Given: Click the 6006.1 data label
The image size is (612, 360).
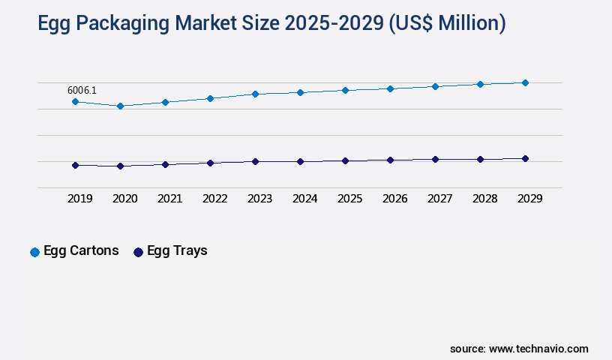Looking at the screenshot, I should [x=82, y=90].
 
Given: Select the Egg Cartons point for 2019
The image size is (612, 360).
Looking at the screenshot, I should [x=75, y=101].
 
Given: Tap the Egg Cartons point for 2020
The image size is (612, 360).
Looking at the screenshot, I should [x=120, y=106].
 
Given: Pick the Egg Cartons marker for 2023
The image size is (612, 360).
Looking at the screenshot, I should [x=255, y=94].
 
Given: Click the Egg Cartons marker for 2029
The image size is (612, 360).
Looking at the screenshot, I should [x=525, y=82].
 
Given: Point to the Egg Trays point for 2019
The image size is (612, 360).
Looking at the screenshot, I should [x=75, y=165].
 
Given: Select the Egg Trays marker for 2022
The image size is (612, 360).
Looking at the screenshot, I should [x=210, y=163].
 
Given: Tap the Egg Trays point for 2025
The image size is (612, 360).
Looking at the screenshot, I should [x=345, y=160].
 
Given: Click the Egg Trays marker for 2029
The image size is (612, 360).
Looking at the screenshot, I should [x=525, y=158].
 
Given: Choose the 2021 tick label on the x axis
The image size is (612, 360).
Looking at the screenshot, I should [x=169, y=199].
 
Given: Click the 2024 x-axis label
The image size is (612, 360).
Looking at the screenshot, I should [x=304, y=199].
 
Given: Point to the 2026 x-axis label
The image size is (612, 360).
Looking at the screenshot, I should [x=394, y=199].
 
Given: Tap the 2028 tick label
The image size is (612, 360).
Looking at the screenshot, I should [x=484, y=199].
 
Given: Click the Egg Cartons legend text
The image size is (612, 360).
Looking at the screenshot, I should [x=81, y=251].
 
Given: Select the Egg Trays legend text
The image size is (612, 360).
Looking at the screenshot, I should [x=177, y=251].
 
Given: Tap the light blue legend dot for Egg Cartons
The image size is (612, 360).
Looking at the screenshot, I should [x=34, y=252].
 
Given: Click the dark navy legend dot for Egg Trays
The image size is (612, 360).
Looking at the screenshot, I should [x=138, y=252].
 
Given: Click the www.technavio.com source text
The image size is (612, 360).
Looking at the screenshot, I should [x=538, y=349].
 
